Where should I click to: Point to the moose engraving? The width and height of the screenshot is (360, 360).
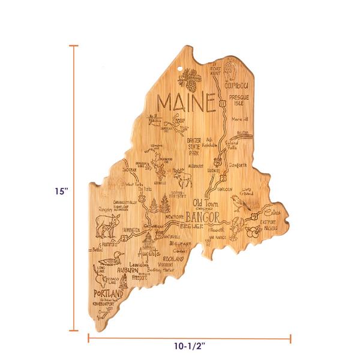pyautogui.click(x=182, y=178)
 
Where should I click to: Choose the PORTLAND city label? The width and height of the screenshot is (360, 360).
pyautogui.click(x=107, y=295)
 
